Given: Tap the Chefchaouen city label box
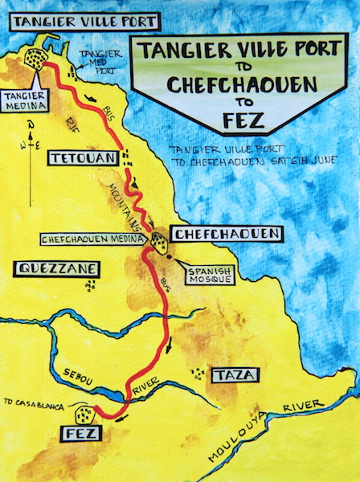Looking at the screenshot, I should click(x=228, y=234).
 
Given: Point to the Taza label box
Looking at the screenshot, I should click(x=233, y=375).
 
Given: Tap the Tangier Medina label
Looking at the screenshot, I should click(x=25, y=97).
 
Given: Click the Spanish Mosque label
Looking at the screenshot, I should click(x=211, y=276).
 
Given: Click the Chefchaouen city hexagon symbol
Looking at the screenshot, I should click(x=159, y=242).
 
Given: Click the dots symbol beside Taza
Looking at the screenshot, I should click(x=197, y=373).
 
